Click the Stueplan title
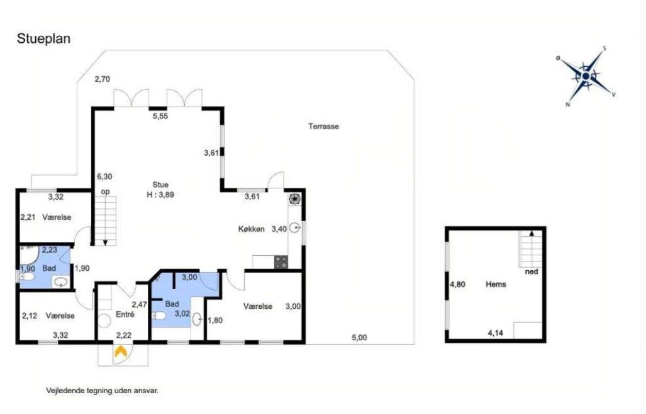click(x=43, y=39)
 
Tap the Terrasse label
click(x=323, y=126)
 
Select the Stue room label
click(x=160, y=185)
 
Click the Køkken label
click(x=252, y=229)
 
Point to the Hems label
click(x=496, y=284)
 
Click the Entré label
click(x=125, y=314)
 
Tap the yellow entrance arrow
click(x=120, y=352)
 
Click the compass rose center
click(x=586, y=76)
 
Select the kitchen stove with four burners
click(x=281, y=262)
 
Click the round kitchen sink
click(x=294, y=228)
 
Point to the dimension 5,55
click(x=160, y=117)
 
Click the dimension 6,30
click(x=104, y=176)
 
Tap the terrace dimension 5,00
click(x=359, y=338)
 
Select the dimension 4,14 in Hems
click(x=495, y=333)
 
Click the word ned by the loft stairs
click(x=532, y=272)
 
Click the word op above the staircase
click(x=106, y=192)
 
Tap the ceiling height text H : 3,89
click(x=160, y=195)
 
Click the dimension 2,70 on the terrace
click(x=102, y=79)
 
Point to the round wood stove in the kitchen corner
click(x=294, y=198)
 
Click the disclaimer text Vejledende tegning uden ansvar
click(x=102, y=391)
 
